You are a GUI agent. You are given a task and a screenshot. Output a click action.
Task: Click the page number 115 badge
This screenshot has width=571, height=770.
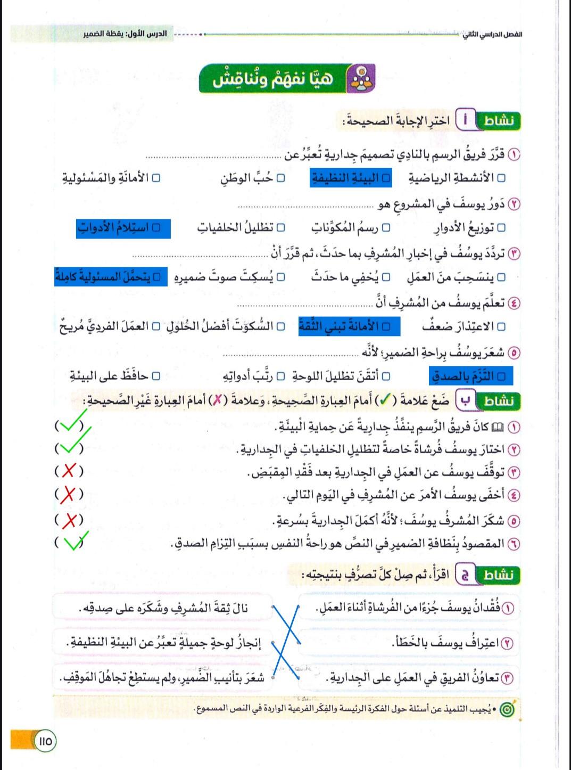pyautogui.click(x=46, y=741)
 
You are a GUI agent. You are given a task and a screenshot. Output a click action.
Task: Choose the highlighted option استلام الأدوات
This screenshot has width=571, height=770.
pyautogui.click(x=123, y=228)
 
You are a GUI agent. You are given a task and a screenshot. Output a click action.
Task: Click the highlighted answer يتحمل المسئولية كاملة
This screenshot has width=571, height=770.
pyautogui.click(x=111, y=277)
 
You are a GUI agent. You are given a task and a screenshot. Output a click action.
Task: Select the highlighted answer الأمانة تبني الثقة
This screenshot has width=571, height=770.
pyautogui.click(x=349, y=326)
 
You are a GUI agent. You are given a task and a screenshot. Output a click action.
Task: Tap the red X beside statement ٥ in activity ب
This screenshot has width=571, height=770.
pyautogui.click(x=70, y=520)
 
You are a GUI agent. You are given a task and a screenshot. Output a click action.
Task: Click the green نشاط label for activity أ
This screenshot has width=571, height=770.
pyautogui.click(x=499, y=121)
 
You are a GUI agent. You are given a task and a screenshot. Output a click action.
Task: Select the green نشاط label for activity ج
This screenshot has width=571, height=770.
pyautogui.click(x=499, y=575)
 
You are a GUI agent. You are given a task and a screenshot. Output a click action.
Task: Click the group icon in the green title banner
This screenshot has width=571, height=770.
pyautogui.click(x=361, y=78)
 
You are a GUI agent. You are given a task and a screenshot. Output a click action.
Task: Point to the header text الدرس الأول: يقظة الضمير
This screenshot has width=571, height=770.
pyautogui.click(x=125, y=34)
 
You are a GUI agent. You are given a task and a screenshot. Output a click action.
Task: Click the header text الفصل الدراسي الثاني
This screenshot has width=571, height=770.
pyautogui.click(x=492, y=34)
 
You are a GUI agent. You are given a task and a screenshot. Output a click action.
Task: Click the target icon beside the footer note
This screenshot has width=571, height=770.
pyautogui.click(x=508, y=710)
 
